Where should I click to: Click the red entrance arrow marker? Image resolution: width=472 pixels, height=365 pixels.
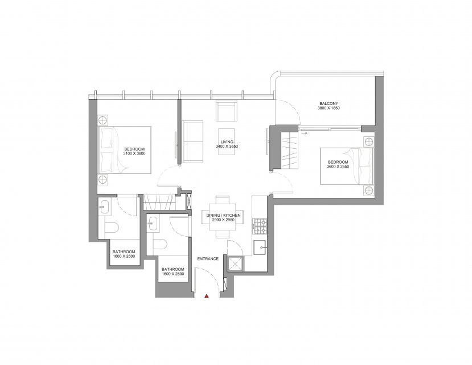[x=207, y=296]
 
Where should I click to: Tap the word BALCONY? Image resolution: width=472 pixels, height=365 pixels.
[x=329, y=103]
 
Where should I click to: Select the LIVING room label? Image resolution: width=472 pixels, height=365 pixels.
[x=227, y=142]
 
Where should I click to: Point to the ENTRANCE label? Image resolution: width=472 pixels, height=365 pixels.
[x=208, y=258]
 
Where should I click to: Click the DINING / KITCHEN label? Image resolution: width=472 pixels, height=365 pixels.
[x=223, y=216]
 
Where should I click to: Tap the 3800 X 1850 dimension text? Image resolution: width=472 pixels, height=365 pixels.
[x=329, y=108]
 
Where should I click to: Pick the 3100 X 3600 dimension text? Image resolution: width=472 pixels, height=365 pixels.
[x=134, y=153]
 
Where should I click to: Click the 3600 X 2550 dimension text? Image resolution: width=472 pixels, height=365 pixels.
[x=338, y=167]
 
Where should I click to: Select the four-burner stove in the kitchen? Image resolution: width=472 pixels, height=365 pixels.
[x=260, y=226]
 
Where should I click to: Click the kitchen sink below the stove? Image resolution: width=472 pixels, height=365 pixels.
[x=260, y=248]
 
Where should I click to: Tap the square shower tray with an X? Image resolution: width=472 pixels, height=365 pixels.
[x=236, y=264]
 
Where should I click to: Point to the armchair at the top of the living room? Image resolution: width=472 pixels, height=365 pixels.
[x=227, y=111]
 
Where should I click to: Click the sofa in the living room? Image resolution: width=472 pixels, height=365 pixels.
[x=192, y=141]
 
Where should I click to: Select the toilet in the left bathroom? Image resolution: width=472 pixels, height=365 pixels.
[x=112, y=228]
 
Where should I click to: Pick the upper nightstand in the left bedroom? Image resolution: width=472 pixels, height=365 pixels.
[x=102, y=120]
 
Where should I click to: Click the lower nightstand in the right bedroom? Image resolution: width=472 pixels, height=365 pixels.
[x=369, y=190]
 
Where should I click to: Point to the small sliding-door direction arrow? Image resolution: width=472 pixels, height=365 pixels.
[x=305, y=133]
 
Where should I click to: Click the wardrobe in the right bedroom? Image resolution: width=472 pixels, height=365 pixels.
[x=289, y=151]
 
